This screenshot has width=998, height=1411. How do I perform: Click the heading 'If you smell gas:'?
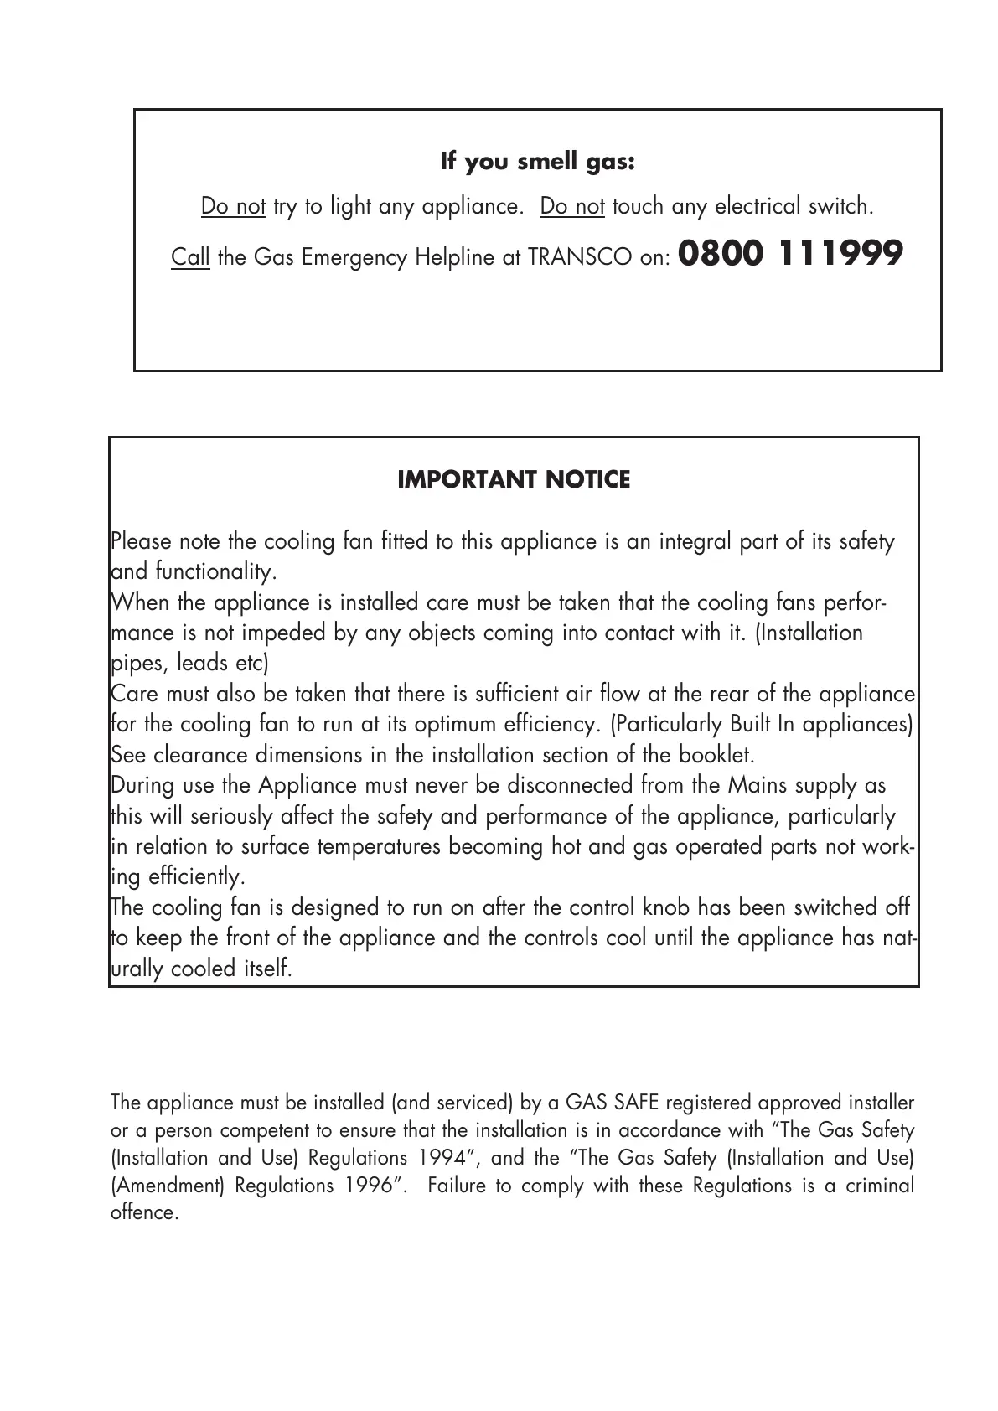click(x=537, y=162)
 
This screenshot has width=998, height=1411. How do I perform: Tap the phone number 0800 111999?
click(x=790, y=253)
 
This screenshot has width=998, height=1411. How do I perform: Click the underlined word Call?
click(x=190, y=257)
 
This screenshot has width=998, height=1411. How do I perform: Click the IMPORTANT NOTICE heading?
click(x=513, y=480)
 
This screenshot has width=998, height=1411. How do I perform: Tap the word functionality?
click(x=215, y=572)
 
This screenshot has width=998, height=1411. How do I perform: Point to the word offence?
click(x=144, y=1213)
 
